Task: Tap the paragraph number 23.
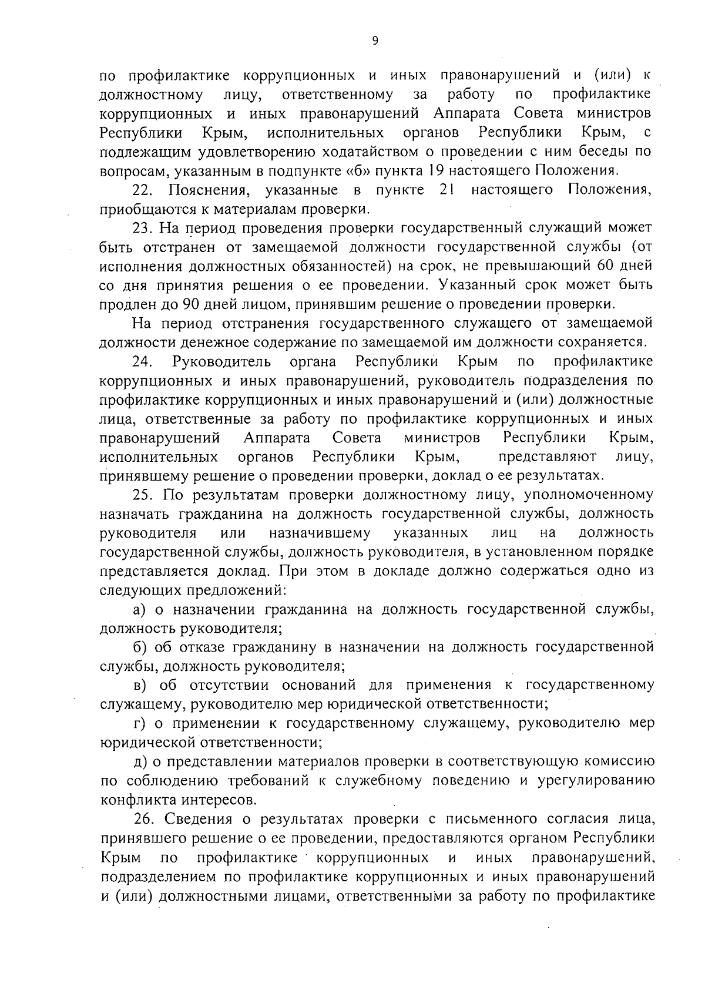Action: coord(142,229)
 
